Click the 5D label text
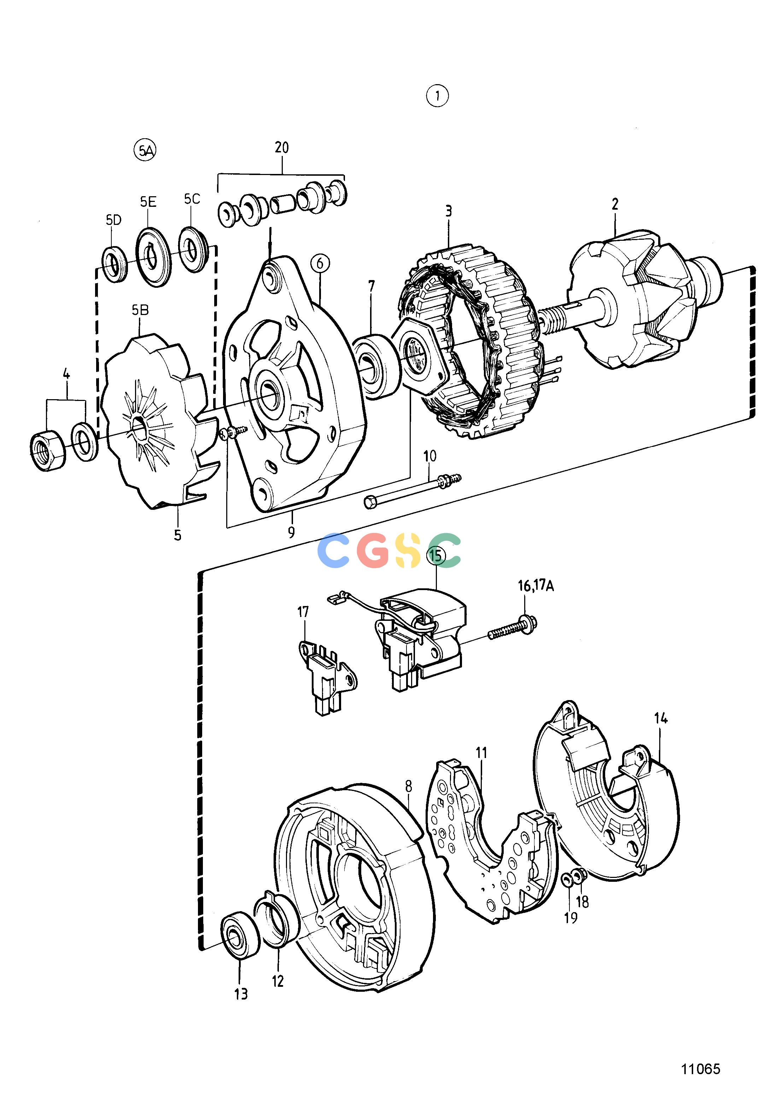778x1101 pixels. [x=113, y=220]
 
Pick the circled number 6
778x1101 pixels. [x=320, y=263]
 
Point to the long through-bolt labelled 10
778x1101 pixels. [x=413, y=490]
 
